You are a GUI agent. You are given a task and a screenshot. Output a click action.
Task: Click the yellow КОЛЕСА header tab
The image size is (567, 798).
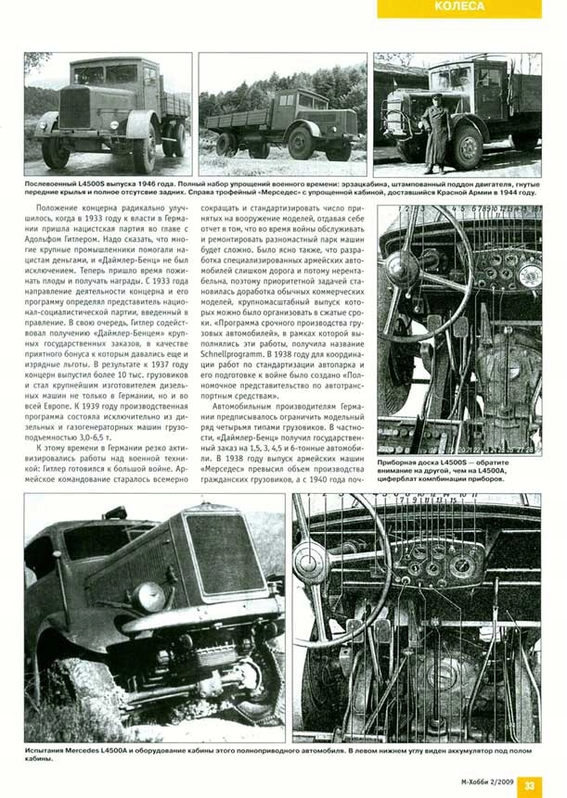(x=470, y=7)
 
